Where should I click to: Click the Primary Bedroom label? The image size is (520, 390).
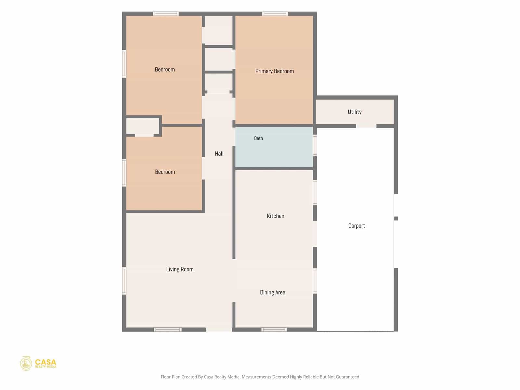point(274,71)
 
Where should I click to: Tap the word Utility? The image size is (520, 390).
point(354,112)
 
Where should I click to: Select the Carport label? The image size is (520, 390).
point(356,226)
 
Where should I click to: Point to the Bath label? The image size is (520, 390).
point(258,138)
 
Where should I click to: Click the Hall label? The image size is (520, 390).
point(219,154)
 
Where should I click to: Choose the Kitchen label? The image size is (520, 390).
point(275,216)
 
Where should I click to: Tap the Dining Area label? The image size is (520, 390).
point(272,292)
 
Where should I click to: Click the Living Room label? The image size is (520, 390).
point(180,269)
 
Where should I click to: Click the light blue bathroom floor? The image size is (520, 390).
point(274,151)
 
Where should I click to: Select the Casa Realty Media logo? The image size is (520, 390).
point(38,363)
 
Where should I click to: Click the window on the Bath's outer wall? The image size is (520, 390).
point(315,145)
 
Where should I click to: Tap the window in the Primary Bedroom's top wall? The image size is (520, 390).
point(275,14)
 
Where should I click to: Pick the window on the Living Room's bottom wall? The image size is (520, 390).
point(168,330)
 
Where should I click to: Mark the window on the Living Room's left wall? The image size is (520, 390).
point(124,281)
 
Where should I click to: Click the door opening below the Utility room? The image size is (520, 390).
point(366,126)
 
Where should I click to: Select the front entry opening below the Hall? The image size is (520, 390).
point(219,330)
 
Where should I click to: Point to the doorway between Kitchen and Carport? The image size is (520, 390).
point(315,234)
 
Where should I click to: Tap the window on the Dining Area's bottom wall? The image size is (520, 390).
point(274,330)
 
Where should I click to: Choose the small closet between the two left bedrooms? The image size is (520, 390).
point(142,126)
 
